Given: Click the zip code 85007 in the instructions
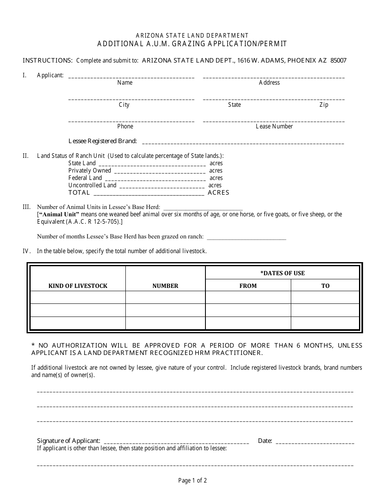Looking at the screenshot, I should (338, 61).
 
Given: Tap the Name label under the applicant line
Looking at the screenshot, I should (125, 83).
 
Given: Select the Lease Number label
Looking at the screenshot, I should (274, 126).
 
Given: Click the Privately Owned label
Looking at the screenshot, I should (89, 171).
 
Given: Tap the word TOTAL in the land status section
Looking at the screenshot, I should (79, 193).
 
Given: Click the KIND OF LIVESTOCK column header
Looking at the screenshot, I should (78, 286).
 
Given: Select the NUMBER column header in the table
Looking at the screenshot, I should (165, 286).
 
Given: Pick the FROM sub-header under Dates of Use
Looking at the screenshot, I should (248, 286).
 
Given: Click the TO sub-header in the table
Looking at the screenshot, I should (325, 286).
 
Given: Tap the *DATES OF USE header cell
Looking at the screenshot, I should (282, 273).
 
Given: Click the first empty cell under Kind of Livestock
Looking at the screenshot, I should (78, 297).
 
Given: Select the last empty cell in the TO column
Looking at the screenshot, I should (325, 323).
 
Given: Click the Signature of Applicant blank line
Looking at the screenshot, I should (176, 443).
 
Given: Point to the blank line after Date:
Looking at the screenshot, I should (315, 443).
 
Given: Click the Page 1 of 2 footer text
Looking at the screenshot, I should (192, 481).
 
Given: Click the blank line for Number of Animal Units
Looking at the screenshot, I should (203, 209).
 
